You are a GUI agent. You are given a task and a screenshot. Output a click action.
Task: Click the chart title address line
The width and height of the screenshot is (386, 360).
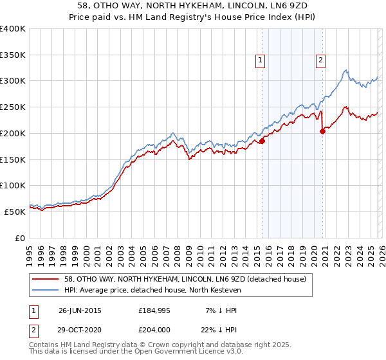193,5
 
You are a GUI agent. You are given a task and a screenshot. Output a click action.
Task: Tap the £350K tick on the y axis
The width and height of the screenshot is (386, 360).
13,55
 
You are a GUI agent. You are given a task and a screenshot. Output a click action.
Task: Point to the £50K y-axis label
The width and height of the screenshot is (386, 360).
15,212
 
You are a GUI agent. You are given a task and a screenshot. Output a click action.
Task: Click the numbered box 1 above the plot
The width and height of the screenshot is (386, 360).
260,61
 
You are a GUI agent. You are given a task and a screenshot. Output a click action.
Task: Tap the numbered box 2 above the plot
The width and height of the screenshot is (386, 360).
320,61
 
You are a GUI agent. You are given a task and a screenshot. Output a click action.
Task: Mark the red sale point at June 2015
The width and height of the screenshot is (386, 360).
262,141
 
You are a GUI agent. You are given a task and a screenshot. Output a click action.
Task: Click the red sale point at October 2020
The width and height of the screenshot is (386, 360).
323,131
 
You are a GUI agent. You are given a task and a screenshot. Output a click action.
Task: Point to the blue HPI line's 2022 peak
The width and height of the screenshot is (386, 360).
346,70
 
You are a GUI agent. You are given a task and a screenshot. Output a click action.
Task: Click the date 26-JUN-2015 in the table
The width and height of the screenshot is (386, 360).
80,310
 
